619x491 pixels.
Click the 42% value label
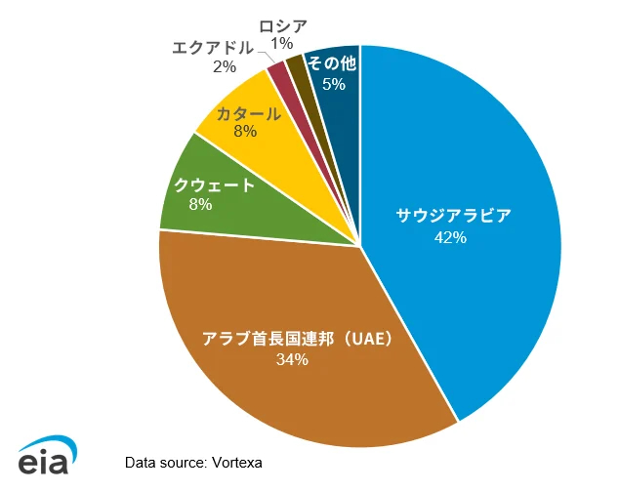click(x=452, y=237)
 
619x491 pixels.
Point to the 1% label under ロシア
click(x=282, y=43)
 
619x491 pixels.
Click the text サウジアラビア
click(x=452, y=216)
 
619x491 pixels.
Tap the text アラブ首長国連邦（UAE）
click(x=297, y=339)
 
